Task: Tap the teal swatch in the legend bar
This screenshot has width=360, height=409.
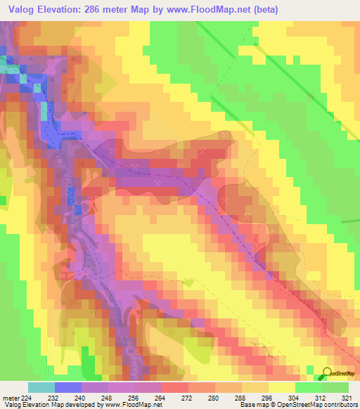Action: pyautogui.click(x=41, y=387)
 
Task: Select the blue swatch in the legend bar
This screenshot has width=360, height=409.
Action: pyautogui.click(x=68, y=387)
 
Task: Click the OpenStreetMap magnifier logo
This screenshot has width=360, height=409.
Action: pyautogui.click(x=326, y=375)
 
